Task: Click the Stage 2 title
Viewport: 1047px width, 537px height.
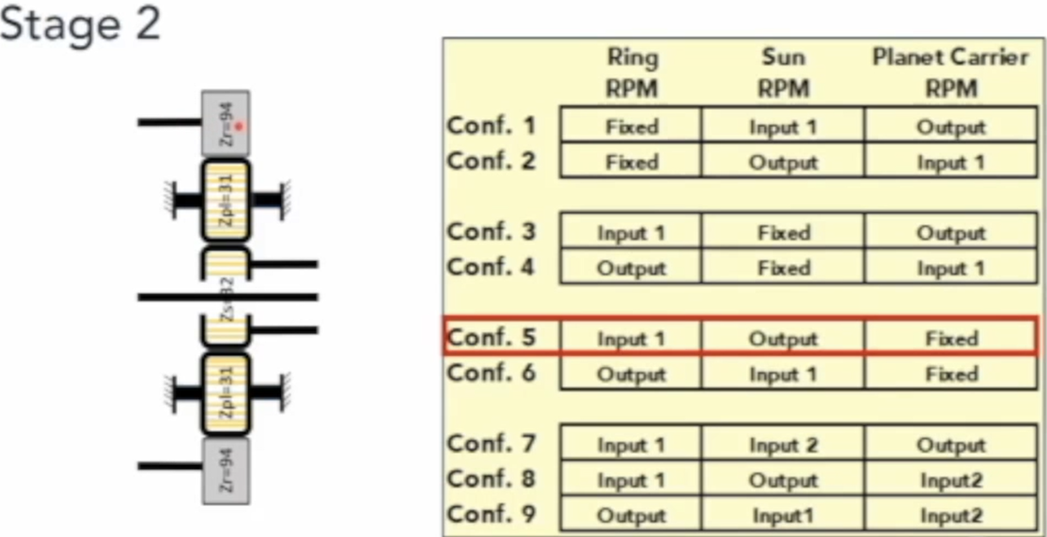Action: click(80, 25)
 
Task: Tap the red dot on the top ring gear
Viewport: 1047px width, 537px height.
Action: click(239, 126)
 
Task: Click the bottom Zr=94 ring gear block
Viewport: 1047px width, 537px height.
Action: click(226, 469)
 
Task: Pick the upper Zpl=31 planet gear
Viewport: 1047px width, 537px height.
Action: click(226, 200)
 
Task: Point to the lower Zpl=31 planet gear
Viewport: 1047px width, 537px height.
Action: click(226, 394)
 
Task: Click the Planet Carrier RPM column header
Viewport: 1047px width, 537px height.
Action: click(950, 73)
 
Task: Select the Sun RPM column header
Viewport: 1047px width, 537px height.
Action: click(783, 73)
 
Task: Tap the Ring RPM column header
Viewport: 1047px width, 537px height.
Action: click(632, 73)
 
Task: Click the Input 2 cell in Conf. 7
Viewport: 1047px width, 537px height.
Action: click(783, 445)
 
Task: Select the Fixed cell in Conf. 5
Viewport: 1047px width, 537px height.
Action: click(950, 338)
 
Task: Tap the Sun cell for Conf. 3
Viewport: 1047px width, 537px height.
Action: click(783, 233)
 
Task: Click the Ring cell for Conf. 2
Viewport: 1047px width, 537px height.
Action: click(632, 161)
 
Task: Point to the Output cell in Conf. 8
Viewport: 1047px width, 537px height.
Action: click(783, 480)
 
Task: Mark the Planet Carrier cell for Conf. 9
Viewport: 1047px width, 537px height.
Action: click(950, 515)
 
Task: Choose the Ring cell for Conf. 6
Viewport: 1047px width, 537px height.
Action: click(632, 374)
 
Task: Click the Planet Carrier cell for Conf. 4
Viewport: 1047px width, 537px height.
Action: click(950, 268)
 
